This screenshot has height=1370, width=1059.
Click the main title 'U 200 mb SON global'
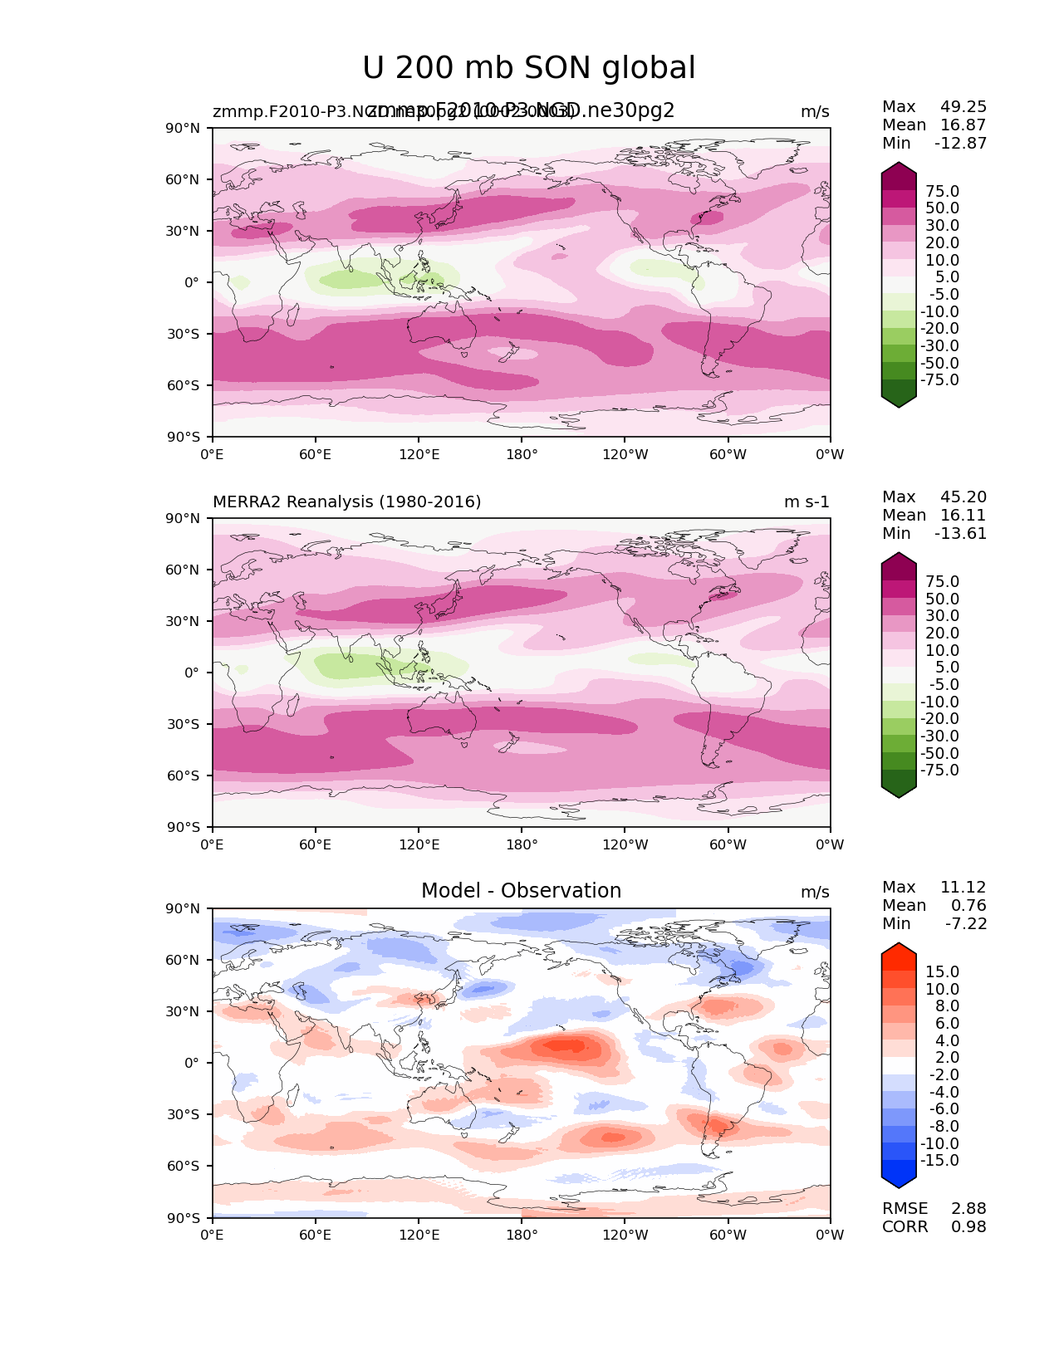(528, 69)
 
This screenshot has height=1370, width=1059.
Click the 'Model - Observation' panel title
(521, 891)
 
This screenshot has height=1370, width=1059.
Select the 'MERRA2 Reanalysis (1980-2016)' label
(346, 502)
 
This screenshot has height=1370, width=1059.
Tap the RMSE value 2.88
(968, 1209)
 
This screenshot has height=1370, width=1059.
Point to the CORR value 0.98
(968, 1227)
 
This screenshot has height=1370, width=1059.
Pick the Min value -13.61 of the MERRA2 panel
(960, 534)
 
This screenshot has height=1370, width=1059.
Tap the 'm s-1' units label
(807, 502)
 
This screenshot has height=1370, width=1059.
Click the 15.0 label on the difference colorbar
(942, 972)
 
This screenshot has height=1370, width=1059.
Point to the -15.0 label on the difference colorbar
(939, 1161)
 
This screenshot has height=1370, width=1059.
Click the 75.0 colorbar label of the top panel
(942, 192)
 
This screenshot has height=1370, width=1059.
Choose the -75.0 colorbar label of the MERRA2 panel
(939, 771)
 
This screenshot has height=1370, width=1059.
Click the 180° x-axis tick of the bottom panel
(522, 1235)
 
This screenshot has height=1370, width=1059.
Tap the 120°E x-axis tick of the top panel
(419, 455)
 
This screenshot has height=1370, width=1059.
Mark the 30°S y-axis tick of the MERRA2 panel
(183, 724)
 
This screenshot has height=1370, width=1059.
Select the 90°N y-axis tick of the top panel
(183, 129)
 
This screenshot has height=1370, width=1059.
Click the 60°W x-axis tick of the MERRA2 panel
(728, 845)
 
